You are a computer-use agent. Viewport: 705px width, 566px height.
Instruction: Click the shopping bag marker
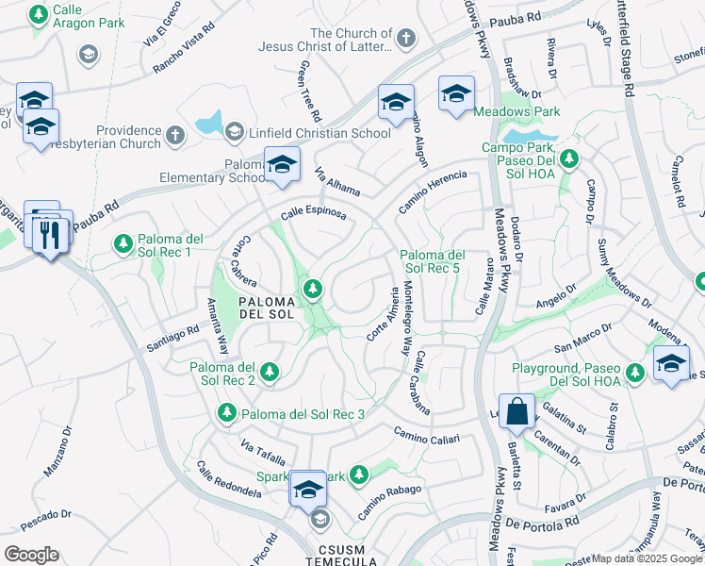pyautogui.click(x=516, y=410)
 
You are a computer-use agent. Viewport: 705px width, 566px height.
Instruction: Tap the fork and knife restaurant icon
pyautogui.click(x=51, y=232)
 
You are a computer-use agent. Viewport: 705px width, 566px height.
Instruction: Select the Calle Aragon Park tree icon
pyautogui.click(x=39, y=15)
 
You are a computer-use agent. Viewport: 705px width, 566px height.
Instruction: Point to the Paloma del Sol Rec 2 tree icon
pyautogui.click(x=270, y=372)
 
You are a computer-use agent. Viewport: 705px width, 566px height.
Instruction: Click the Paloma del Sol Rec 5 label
pyautogui.click(x=433, y=262)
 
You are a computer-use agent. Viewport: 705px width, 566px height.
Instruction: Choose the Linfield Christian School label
pyautogui.click(x=305, y=133)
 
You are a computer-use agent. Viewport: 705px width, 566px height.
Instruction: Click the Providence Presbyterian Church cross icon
pyautogui.click(x=174, y=137)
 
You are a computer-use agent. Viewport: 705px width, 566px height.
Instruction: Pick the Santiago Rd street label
pyautogui.click(x=172, y=338)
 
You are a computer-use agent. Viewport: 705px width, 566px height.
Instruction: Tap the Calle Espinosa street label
pyautogui.click(x=313, y=213)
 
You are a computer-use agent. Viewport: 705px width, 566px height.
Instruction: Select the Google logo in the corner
pyautogui.click(x=31, y=555)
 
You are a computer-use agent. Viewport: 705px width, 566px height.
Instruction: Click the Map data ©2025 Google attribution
pyautogui.click(x=647, y=558)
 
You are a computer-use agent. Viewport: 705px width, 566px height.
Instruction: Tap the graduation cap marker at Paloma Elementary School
pyautogui.click(x=282, y=166)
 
